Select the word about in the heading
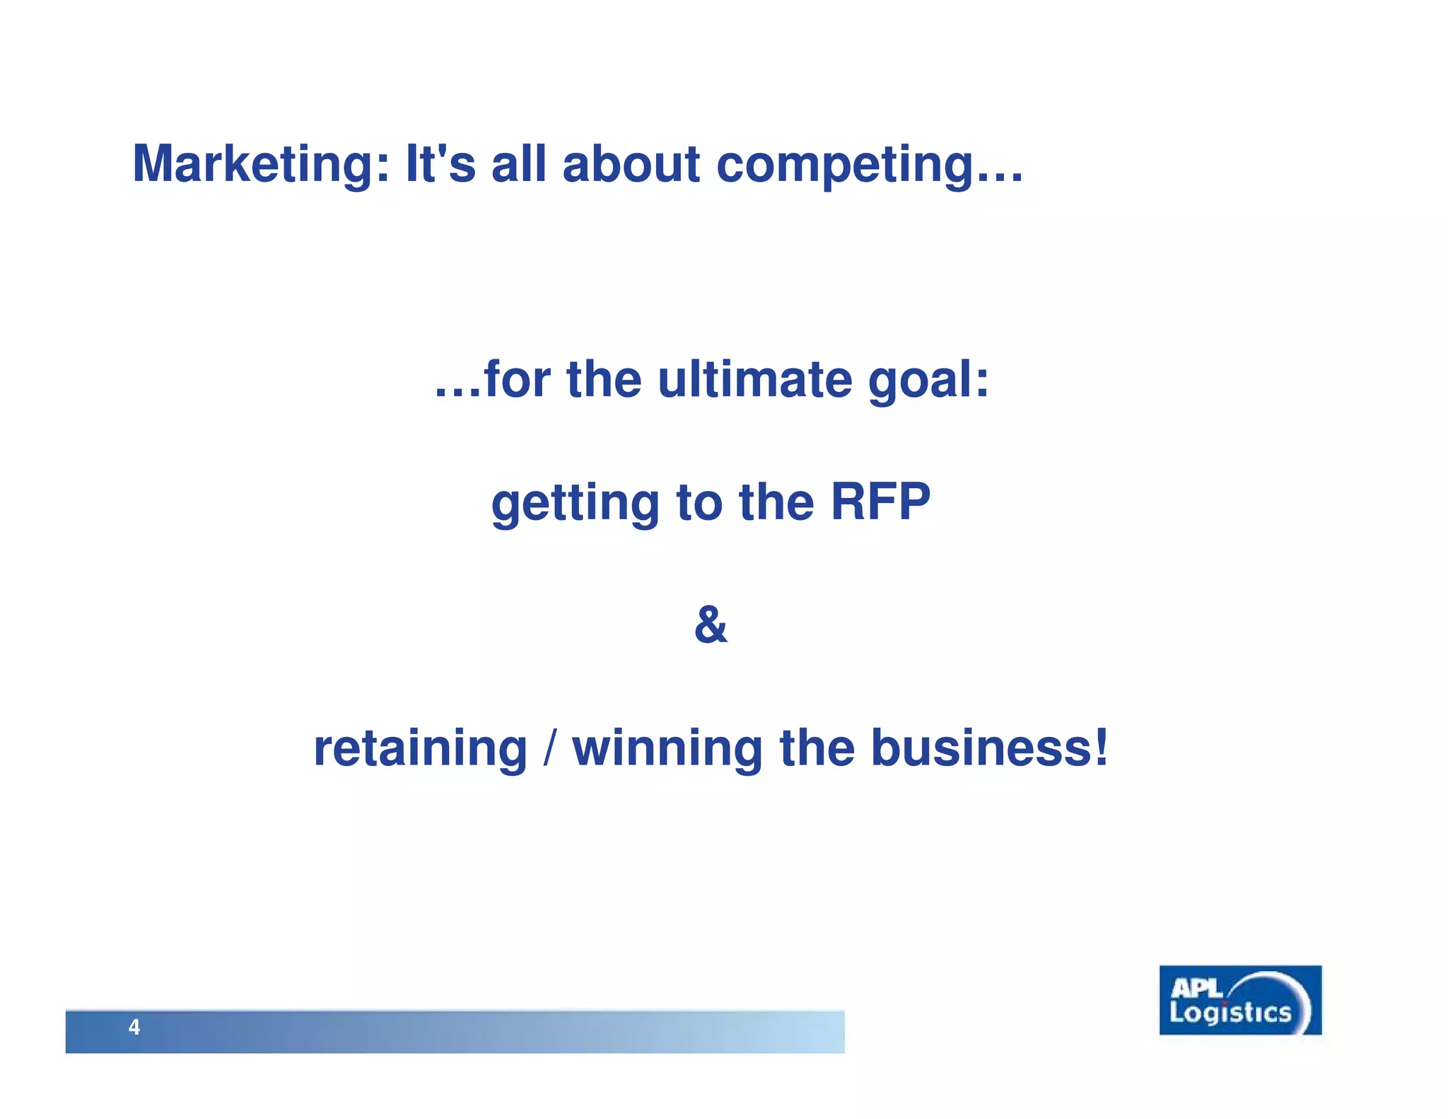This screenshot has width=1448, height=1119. (631, 165)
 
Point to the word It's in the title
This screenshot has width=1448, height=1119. (440, 165)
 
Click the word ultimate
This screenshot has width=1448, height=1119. (754, 380)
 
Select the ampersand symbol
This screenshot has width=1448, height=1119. (711, 625)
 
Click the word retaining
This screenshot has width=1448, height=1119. (421, 748)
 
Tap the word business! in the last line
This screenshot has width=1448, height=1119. (989, 748)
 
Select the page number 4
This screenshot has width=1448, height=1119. (134, 1027)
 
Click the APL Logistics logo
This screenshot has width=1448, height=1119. (1240, 1000)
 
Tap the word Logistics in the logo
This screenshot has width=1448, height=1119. (1230, 1013)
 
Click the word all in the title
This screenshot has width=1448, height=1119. (518, 165)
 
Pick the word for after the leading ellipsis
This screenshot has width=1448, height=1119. (517, 380)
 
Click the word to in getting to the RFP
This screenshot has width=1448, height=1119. (699, 504)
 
